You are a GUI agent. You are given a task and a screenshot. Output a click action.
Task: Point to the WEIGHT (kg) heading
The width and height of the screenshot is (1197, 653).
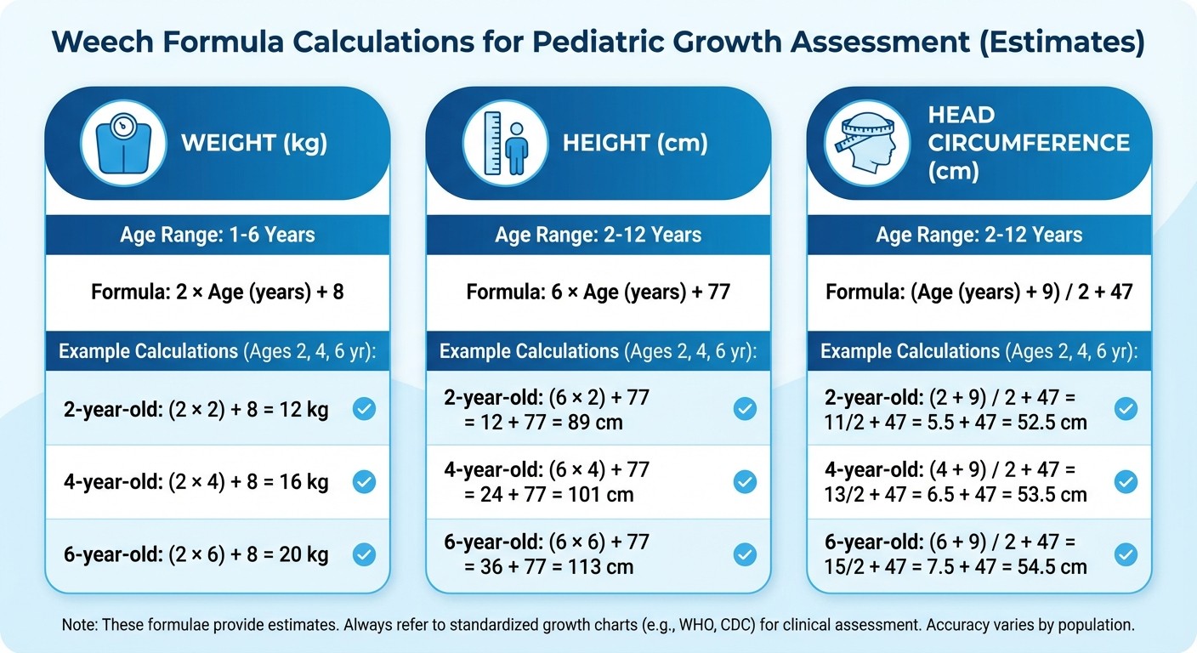point(254,143)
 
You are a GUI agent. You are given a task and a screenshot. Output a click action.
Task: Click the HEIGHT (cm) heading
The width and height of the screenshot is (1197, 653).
point(635,143)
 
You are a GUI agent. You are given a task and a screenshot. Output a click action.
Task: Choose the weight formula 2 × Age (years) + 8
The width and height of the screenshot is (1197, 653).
point(218,292)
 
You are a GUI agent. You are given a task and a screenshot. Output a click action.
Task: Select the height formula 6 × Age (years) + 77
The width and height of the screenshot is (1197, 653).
point(598,292)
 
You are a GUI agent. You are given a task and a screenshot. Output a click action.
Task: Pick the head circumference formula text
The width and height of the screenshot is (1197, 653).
point(979,292)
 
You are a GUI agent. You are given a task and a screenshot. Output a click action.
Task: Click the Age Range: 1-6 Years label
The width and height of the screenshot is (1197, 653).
point(218,234)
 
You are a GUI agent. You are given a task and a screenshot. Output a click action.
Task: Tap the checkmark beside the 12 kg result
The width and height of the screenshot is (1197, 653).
point(364,410)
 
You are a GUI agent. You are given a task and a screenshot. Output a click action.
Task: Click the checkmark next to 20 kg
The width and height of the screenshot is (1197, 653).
point(364,555)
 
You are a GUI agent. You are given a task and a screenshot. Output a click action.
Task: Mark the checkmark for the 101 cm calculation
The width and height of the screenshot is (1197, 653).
point(745,483)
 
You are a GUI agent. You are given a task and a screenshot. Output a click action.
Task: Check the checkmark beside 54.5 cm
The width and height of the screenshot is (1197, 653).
point(1126,555)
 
